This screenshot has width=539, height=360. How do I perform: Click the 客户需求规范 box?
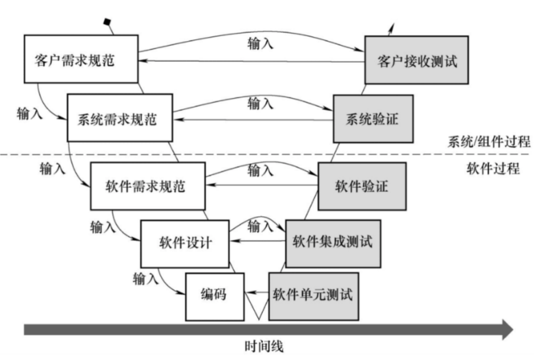[x=81, y=59]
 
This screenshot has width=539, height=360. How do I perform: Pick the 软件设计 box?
[x=185, y=243]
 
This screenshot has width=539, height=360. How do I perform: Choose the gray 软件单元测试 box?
[x=313, y=296]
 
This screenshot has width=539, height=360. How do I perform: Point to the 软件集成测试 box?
[x=333, y=243]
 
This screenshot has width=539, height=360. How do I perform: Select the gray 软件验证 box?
[x=361, y=186]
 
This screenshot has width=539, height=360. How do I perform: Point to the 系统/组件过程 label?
[x=488, y=141]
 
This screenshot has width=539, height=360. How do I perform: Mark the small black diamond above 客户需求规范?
[x=106, y=21]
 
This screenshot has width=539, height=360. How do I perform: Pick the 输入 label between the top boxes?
[x=260, y=43]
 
